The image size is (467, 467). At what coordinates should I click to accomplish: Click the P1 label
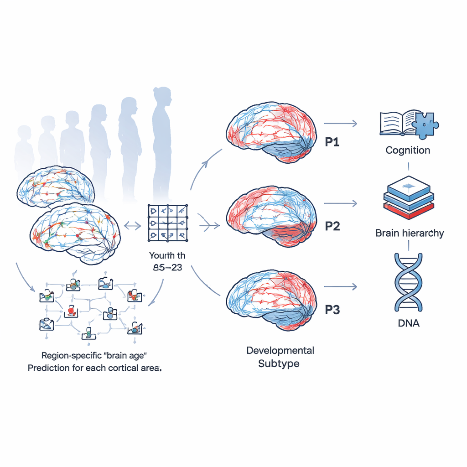click(332, 142)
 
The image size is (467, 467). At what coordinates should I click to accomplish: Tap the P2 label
click(332, 226)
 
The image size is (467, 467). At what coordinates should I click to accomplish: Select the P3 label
click(332, 310)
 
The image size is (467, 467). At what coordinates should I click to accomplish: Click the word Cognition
click(408, 150)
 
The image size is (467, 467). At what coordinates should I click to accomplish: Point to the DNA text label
click(408, 323)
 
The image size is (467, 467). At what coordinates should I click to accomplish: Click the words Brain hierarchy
click(410, 233)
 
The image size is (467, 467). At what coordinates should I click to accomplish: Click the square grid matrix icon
click(167, 223)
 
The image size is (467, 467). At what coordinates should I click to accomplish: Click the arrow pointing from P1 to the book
click(340, 123)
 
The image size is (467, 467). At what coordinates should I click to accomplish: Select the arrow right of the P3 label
click(340, 287)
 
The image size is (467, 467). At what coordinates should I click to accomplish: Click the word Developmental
click(280, 351)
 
